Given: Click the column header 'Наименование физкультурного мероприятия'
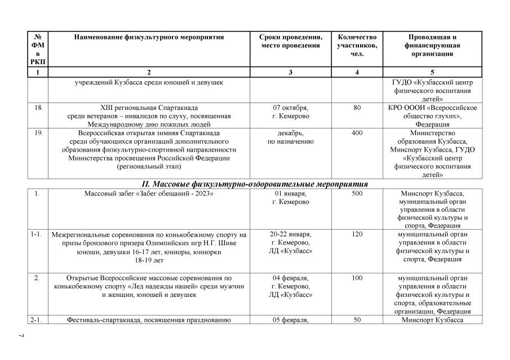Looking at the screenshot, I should click(149, 37).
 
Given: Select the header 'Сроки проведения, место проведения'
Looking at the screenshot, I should click(291, 41).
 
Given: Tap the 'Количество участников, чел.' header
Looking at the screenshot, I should click(357, 45).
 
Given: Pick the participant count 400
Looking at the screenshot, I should click(357, 133).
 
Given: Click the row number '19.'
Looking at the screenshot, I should click(38, 133).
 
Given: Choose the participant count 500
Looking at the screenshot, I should click(357, 194).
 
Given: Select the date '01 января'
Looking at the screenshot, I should click(291, 194).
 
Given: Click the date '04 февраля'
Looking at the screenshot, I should click(291, 278).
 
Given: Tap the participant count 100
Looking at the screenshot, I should click(357, 278).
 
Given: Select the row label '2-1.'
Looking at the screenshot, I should click(38, 320).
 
